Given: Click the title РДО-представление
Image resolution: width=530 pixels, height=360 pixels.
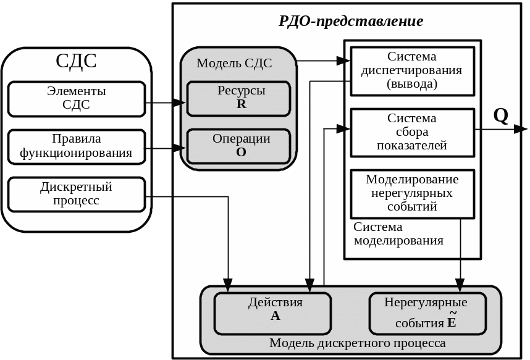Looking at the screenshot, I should pyautogui.click(x=351, y=22).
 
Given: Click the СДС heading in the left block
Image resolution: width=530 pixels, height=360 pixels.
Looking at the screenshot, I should pyautogui.click(x=76, y=61).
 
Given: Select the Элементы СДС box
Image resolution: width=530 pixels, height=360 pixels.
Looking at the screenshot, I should pyautogui.click(x=76, y=98).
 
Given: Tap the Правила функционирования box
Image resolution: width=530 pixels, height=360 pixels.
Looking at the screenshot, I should pyautogui.click(x=76, y=146).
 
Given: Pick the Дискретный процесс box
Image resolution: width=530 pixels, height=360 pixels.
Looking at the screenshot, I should pyautogui.click(x=76, y=194).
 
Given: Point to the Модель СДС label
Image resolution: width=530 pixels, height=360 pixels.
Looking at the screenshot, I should pyautogui.click(x=234, y=63).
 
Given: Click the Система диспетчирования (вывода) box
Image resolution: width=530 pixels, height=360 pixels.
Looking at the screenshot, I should pyautogui.click(x=412, y=70).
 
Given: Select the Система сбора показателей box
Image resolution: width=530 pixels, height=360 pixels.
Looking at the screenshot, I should pyautogui.click(x=412, y=132).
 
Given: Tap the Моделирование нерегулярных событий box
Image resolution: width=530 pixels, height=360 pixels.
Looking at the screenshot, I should pyautogui.click(x=412, y=193).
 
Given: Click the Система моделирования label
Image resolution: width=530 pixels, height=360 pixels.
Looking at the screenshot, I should pyautogui.click(x=398, y=234).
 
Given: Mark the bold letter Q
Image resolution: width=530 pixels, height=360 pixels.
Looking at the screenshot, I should pyautogui.click(x=500, y=115).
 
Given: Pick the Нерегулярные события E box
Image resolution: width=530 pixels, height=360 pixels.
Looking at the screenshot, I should pyautogui.click(x=426, y=312).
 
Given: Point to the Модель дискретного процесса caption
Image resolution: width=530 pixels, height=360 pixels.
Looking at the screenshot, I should pyautogui.click(x=357, y=343).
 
